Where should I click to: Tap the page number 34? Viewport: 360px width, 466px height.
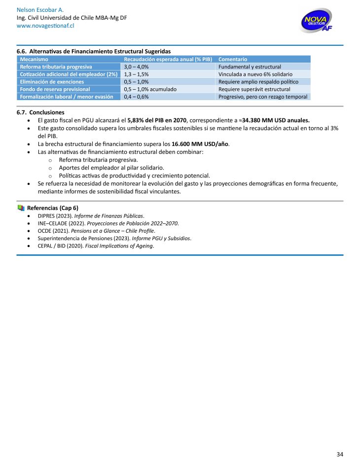point(339,454)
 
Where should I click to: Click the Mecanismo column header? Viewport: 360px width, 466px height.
point(34,59)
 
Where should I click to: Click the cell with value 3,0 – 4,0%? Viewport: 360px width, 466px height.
point(136,67)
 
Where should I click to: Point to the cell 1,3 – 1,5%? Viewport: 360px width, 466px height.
point(136,74)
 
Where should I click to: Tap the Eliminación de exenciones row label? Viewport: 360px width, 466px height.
point(52,81)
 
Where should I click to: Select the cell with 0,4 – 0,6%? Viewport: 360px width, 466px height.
point(136,97)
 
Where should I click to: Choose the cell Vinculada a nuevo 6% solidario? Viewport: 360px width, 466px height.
point(255,74)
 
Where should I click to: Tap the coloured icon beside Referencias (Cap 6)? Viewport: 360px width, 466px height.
point(21,208)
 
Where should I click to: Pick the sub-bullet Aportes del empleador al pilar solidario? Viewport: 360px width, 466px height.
point(111,168)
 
